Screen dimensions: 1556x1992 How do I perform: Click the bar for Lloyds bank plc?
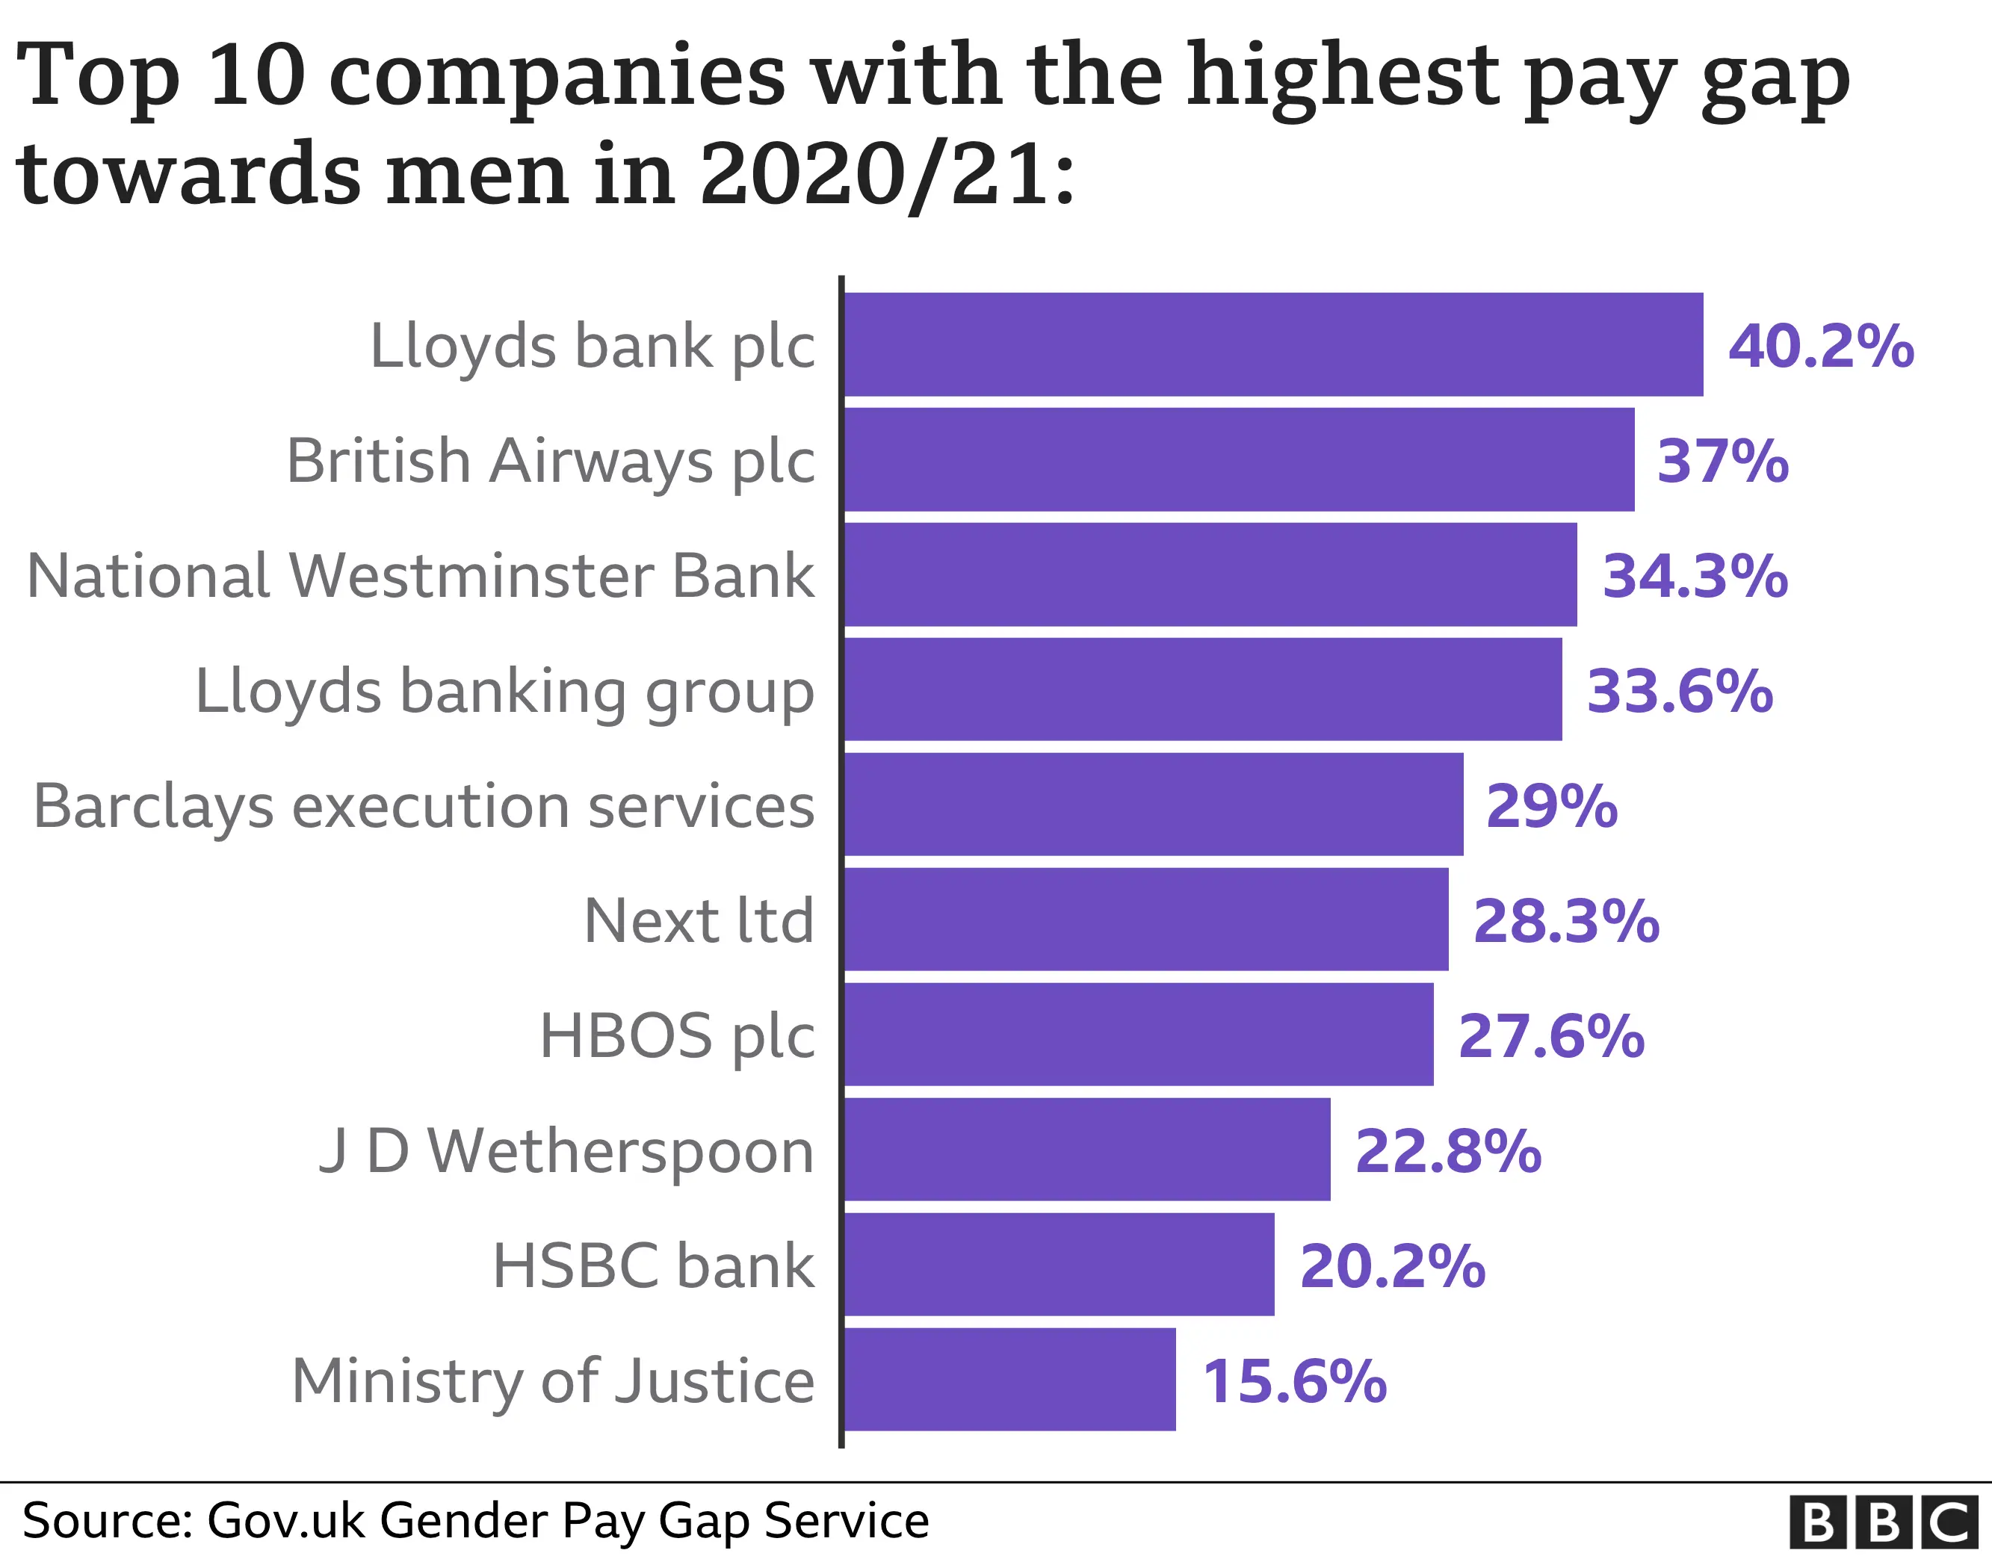(x=1273, y=345)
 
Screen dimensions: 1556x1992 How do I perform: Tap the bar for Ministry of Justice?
(x=1009, y=1379)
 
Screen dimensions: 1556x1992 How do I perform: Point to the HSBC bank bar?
(x=1059, y=1264)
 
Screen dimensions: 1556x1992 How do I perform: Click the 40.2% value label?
(x=1821, y=347)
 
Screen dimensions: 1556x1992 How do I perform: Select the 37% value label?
(x=1722, y=462)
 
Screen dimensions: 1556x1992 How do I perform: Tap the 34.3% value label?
(x=1695, y=577)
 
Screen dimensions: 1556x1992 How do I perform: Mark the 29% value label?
(x=1551, y=806)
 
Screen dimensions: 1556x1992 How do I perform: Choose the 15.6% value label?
(x=1294, y=1381)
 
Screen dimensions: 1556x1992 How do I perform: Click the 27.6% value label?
(x=1550, y=1036)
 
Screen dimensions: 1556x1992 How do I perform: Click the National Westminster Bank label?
(x=421, y=577)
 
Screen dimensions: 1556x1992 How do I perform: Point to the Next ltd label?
(x=699, y=921)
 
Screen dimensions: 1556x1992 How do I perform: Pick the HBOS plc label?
(x=677, y=1036)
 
